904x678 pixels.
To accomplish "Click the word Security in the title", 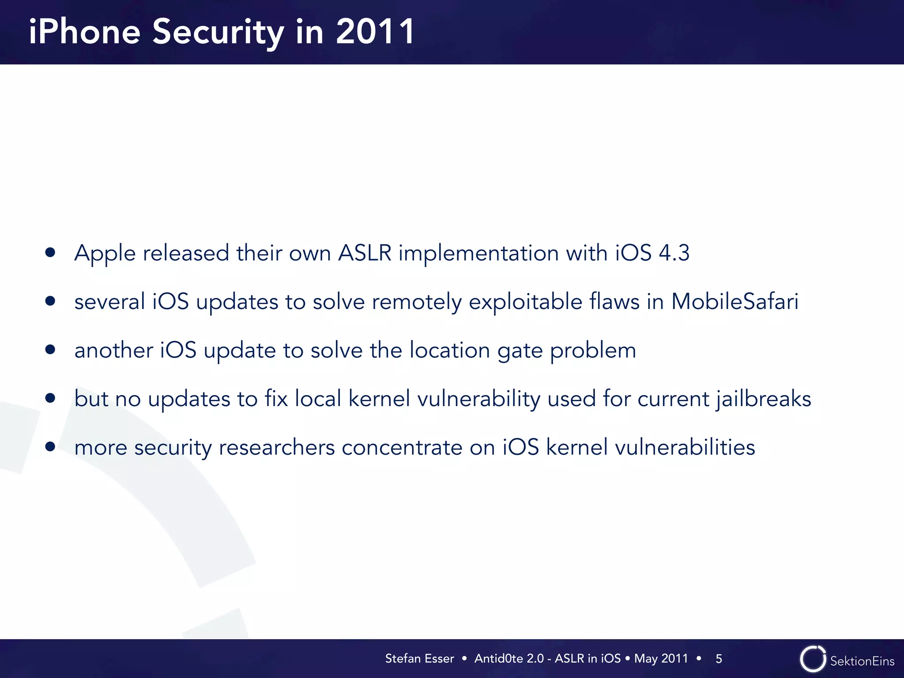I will click(x=218, y=32).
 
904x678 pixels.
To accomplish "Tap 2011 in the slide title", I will click(x=375, y=32).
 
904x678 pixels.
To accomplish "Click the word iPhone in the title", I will click(x=84, y=32).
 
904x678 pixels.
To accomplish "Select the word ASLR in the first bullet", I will click(x=365, y=253).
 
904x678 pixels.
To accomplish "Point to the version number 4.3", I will click(x=674, y=253).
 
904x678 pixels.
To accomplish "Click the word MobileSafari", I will click(x=734, y=301).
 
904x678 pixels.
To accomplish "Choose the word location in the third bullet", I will click(x=449, y=350).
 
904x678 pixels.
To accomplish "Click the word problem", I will click(x=593, y=351).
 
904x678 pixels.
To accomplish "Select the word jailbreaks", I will click(x=763, y=399).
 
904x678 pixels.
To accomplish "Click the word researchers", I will click(x=277, y=447).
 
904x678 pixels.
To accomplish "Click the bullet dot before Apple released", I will click(x=50, y=252).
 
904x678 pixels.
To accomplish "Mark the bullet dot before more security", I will click(x=50, y=447).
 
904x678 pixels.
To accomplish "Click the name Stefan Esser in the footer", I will click(x=419, y=659).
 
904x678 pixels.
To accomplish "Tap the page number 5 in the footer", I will click(x=719, y=659).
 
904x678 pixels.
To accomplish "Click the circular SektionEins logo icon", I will click(x=813, y=659).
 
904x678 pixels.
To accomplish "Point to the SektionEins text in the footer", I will click(x=862, y=661).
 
